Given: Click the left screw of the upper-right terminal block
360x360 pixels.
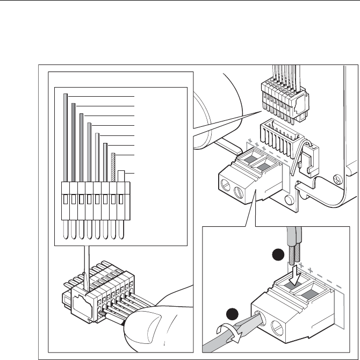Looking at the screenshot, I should (229, 188).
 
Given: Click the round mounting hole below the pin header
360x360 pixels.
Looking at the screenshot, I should (290, 200).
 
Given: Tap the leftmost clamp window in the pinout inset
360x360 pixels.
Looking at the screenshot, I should (66, 199).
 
